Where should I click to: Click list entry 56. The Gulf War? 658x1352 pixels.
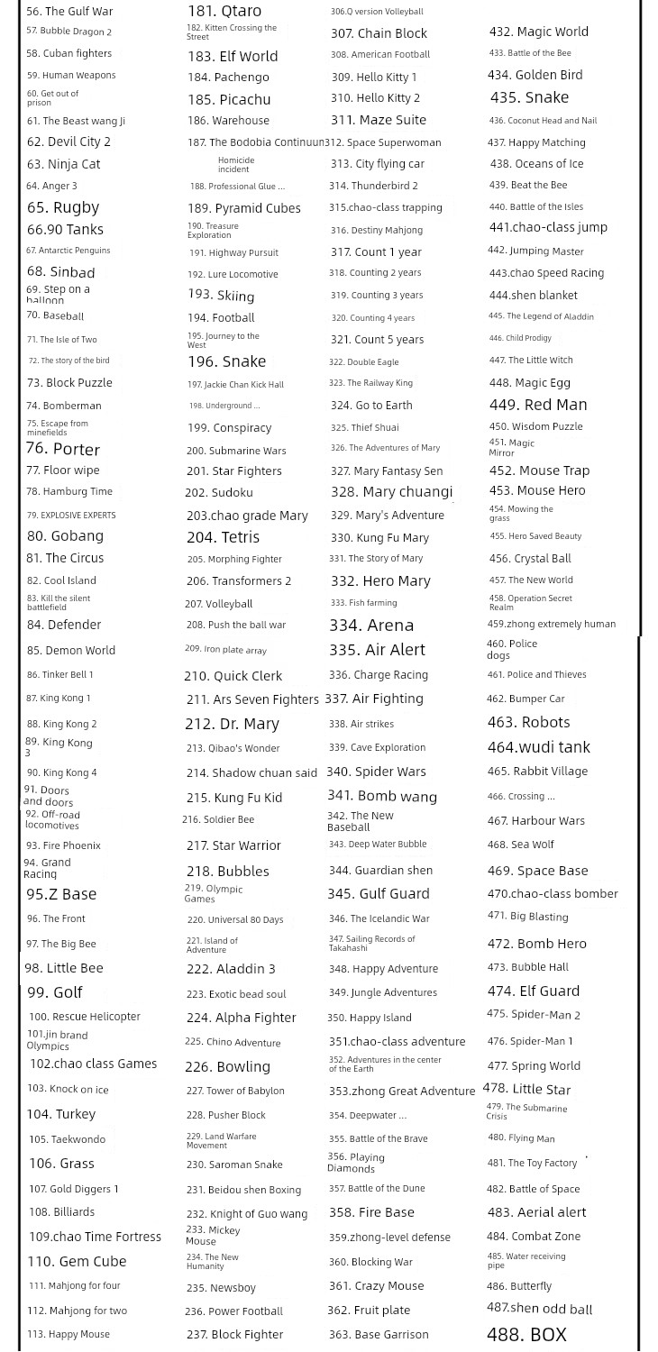[x=69, y=12]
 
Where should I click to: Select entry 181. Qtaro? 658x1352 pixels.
[x=224, y=11]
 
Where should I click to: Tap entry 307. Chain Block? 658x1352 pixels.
[x=379, y=33]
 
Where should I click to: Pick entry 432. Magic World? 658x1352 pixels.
[x=538, y=32]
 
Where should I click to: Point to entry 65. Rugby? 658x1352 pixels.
[x=63, y=207]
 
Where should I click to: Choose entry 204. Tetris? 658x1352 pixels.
[x=223, y=537]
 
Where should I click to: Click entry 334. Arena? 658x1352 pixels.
[x=371, y=625]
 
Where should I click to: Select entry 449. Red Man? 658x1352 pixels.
[x=538, y=405]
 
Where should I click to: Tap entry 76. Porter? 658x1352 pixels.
[x=62, y=449]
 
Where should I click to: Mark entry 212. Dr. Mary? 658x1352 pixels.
[x=232, y=724]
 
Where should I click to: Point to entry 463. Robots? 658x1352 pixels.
[x=528, y=722]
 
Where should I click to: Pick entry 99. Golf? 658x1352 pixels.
[x=54, y=992]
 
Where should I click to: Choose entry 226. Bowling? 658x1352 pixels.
[x=227, y=1066]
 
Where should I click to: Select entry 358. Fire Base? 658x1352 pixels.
[x=371, y=1212]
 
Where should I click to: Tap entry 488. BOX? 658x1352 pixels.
[x=526, y=1335]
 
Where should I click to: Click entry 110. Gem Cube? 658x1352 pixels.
[x=77, y=1261]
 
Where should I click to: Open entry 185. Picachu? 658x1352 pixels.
[x=229, y=99]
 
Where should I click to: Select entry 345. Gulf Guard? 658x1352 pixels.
[x=378, y=893]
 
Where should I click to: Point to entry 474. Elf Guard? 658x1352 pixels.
[x=534, y=991]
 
